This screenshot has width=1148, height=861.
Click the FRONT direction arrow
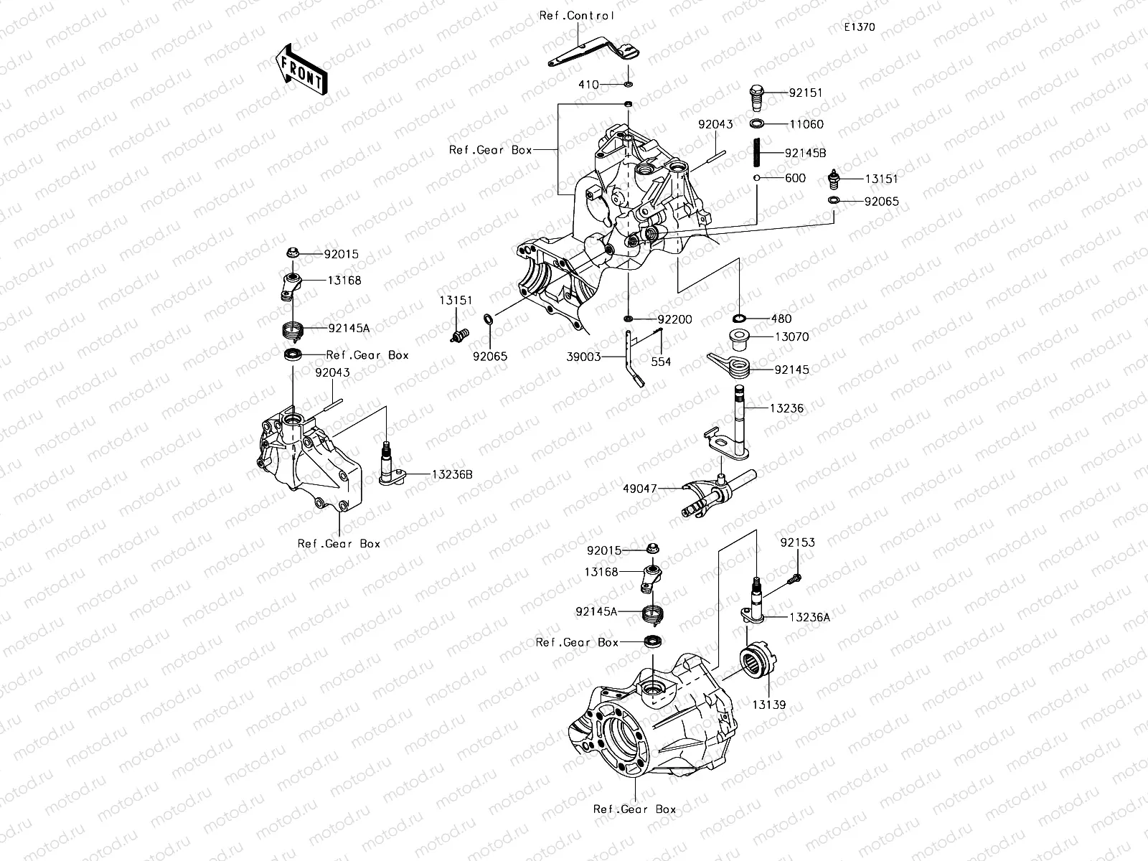tap(301, 69)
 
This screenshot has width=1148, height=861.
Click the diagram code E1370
tap(859, 27)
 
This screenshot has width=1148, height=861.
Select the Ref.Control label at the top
tap(577, 15)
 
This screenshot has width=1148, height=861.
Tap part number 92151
tap(806, 93)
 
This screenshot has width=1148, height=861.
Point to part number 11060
tap(806, 124)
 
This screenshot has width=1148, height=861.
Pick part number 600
tap(796, 178)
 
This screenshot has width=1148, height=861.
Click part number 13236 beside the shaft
tap(786, 408)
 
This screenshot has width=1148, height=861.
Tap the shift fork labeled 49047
tap(707, 495)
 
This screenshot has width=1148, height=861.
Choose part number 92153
tap(798, 543)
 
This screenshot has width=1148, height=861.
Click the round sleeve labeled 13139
tap(758, 659)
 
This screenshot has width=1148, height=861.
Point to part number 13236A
tap(809, 617)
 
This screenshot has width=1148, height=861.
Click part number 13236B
tap(451, 474)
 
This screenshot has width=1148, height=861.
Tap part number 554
tap(661, 362)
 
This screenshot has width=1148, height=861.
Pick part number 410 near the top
tap(588, 85)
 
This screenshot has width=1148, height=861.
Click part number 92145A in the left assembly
tap(349, 328)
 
